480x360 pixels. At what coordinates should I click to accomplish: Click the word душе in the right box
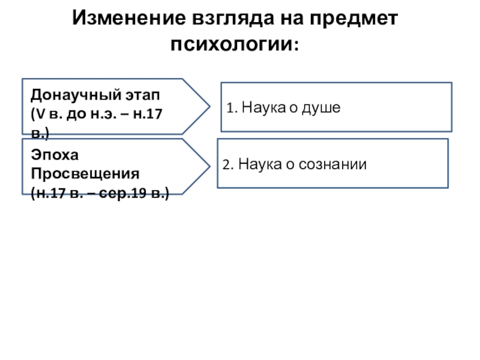point(322,109)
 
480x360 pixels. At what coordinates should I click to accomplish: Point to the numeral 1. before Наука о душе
point(231,109)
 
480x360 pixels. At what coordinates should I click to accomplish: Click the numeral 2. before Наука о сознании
point(227,164)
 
